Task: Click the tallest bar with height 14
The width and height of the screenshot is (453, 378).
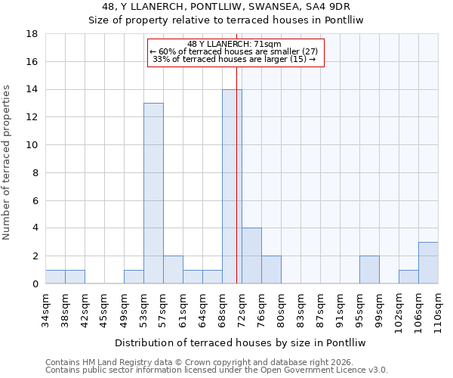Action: pyautogui.click(x=232, y=186)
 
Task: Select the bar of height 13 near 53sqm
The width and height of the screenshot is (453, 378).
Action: pyautogui.click(x=153, y=193)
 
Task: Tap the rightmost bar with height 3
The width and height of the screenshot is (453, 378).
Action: pyautogui.click(x=428, y=262)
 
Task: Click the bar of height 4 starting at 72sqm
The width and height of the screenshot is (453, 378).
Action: pyautogui.click(x=251, y=256)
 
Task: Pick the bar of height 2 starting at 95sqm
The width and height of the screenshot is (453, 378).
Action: pyautogui.click(x=369, y=269)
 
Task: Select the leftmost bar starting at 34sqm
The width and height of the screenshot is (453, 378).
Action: pyautogui.click(x=55, y=277)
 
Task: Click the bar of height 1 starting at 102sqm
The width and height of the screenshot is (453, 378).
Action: pyautogui.click(x=408, y=277)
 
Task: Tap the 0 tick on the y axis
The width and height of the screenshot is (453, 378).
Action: pyautogui.click(x=35, y=283)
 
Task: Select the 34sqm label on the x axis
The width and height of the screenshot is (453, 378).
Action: pyautogui.click(x=46, y=307)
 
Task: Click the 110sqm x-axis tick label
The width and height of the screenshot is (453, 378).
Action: pyautogui.click(x=439, y=309)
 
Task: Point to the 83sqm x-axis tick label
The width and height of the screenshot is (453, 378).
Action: pyautogui.click(x=301, y=307)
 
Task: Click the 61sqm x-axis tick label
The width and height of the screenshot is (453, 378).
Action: pyautogui.click(x=183, y=307)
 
